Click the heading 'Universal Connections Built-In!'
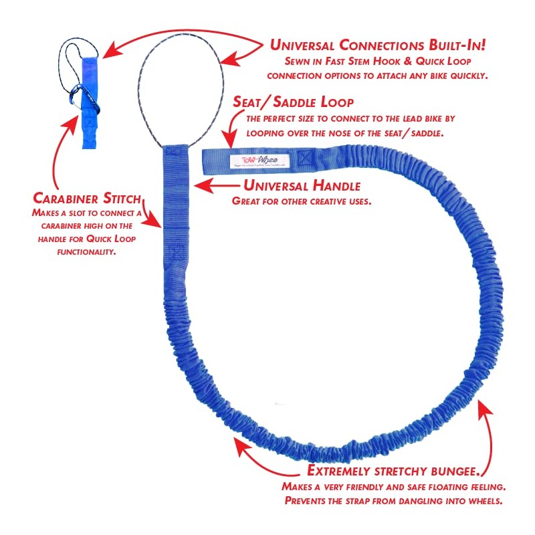pyautogui.click(x=379, y=47)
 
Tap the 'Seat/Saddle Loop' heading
pyautogui.click(x=293, y=102)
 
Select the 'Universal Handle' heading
pyautogui.click(x=302, y=185)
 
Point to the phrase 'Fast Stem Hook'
pyautogui.click(x=330, y=62)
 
